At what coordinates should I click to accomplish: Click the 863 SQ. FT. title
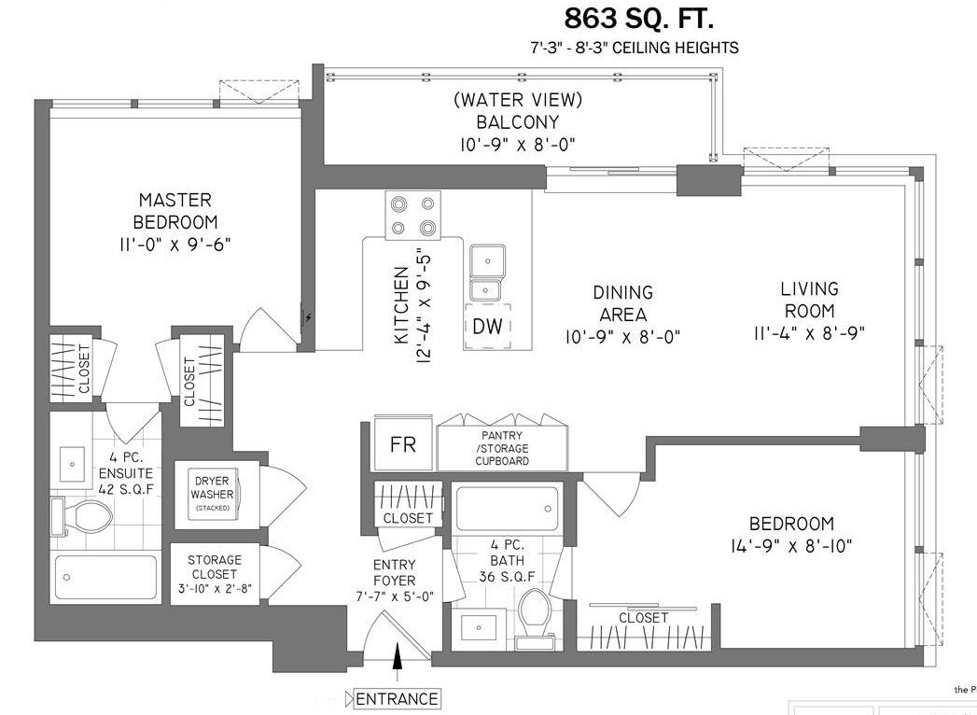[x=638, y=19]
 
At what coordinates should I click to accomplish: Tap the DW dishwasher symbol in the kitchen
[x=487, y=326]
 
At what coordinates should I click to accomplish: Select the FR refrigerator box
[x=402, y=443]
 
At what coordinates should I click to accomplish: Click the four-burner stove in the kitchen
[x=412, y=215]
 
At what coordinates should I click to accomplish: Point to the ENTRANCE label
[x=397, y=699]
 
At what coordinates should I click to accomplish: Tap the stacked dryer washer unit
[x=213, y=494]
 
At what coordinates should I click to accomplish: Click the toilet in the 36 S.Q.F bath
[x=535, y=612]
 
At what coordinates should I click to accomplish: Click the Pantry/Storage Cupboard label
[x=502, y=448]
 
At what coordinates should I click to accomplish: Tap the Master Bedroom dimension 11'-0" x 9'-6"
[x=175, y=245]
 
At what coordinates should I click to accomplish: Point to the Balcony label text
[x=518, y=121]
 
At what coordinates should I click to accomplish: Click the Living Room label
[x=809, y=300]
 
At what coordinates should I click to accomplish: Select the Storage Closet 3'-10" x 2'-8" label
[x=215, y=573]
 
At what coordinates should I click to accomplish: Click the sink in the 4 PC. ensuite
[x=72, y=465]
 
